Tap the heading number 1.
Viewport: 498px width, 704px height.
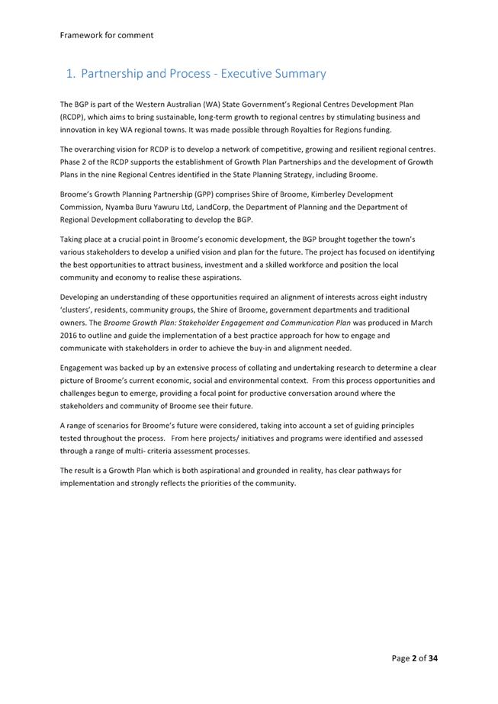point(70,74)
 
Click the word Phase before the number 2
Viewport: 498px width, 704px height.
point(71,162)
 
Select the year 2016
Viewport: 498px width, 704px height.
point(69,336)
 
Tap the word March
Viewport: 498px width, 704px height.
point(419,323)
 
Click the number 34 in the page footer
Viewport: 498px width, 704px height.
point(432,658)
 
